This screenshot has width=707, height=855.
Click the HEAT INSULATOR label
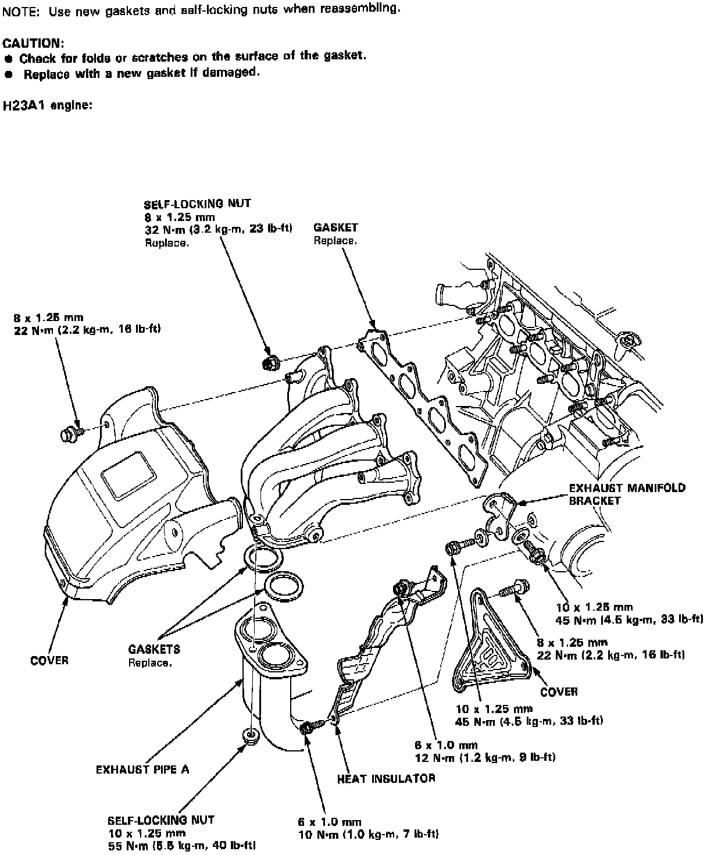point(386,778)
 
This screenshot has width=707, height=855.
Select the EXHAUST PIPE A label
point(142,769)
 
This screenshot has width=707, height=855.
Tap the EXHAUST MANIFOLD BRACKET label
point(627,494)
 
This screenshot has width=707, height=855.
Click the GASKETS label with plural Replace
point(154,649)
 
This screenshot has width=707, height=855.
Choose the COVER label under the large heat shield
point(49,660)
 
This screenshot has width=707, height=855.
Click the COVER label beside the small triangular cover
point(559,692)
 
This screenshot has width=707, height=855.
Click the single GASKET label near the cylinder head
point(335,227)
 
